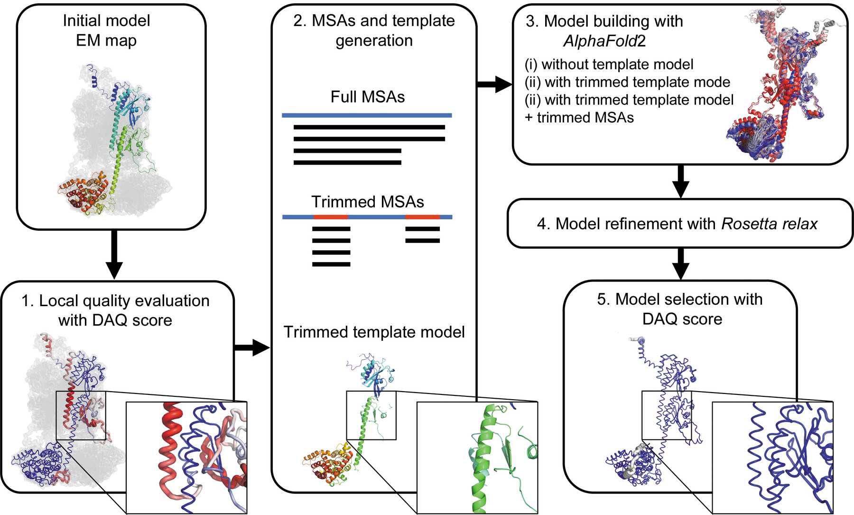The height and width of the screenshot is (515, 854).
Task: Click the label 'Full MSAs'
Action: [x=367, y=97]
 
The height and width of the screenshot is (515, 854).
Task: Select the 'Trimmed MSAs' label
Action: [x=367, y=202]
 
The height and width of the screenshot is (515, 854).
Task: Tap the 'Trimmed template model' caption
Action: [x=374, y=332]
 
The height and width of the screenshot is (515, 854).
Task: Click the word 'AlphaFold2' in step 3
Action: [x=604, y=41]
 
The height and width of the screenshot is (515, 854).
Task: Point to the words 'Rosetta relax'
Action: [x=769, y=224]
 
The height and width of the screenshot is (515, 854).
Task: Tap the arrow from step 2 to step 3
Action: [x=495, y=84]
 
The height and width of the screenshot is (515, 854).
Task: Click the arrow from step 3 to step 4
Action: [x=681, y=181]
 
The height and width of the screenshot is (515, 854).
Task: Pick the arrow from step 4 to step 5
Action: [x=681, y=264]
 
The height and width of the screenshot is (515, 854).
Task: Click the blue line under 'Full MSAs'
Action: [x=366, y=115]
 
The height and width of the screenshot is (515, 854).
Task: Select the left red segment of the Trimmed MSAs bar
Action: [x=331, y=217]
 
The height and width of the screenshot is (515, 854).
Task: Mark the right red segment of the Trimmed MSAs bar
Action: [x=422, y=217]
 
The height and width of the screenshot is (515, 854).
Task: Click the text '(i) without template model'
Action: [x=609, y=64]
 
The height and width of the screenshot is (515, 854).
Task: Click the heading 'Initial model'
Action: [x=106, y=20]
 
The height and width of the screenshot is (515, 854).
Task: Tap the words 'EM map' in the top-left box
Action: [x=106, y=40]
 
